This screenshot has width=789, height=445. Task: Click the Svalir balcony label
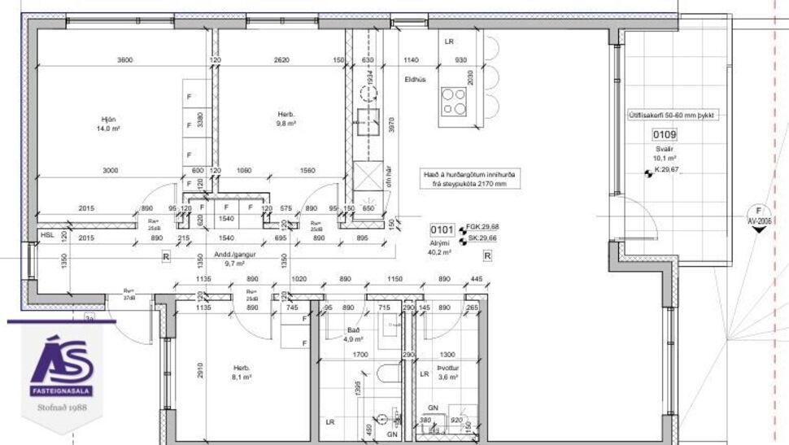[x=664, y=154]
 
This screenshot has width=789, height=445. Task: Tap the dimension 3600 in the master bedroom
[x=124, y=60]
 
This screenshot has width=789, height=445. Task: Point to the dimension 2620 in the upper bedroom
[x=282, y=60]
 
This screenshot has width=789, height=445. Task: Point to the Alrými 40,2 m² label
[x=442, y=248]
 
